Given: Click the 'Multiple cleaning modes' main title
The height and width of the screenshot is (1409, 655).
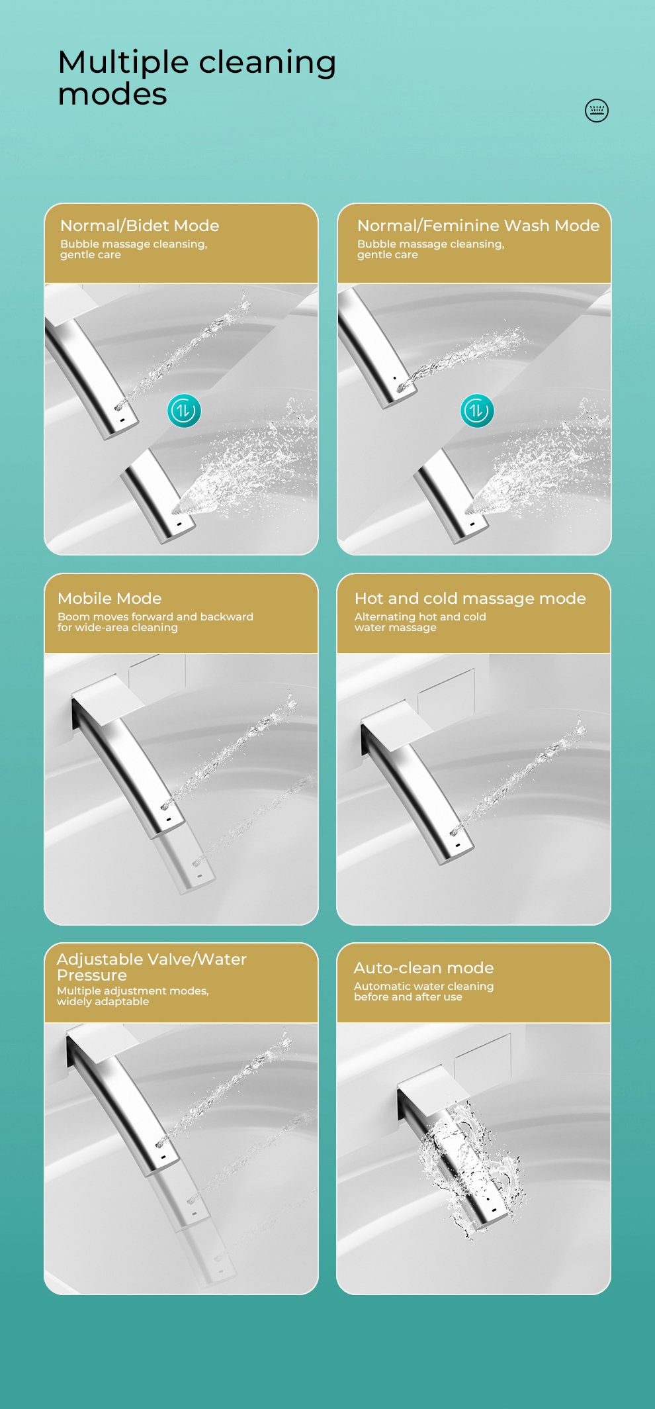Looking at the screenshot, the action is [196, 77].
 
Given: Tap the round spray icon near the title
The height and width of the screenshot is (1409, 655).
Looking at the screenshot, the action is [597, 111].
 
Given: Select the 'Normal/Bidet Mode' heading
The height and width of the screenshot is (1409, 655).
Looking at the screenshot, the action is [140, 226].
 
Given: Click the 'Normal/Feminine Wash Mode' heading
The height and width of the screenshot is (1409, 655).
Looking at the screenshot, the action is [478, 226].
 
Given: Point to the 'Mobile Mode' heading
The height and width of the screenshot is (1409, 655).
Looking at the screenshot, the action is [110, 599].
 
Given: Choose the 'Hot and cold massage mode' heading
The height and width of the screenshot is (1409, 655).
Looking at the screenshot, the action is [470, 599].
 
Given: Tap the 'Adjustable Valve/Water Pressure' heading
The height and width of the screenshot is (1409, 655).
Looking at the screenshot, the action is [152, 967].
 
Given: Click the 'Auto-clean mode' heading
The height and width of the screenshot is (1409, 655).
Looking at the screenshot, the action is [424, 968].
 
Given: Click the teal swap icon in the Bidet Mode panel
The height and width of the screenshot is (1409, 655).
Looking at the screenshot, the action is [184, 411].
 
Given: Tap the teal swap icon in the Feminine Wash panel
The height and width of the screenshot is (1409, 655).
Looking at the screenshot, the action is [477, 411].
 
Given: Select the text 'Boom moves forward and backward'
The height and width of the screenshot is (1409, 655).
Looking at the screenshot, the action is [155, 616].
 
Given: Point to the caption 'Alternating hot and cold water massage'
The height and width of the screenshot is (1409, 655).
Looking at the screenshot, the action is [420, 622].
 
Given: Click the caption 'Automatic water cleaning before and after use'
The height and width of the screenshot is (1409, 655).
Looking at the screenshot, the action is [424, 991].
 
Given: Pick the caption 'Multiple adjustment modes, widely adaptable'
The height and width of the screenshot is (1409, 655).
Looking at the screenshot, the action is [133, 996].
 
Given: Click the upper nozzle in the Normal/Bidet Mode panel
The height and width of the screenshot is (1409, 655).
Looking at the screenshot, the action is [93, 371].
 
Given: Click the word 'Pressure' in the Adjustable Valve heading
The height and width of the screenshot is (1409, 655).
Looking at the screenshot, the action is [92, 975].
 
